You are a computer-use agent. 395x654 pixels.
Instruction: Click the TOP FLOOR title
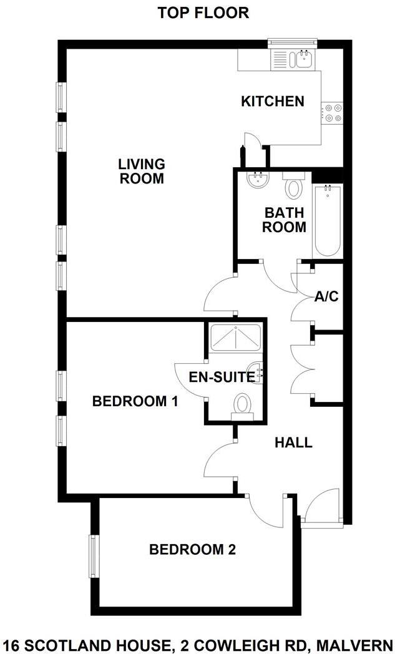pyautogui.click(x=203, y=13)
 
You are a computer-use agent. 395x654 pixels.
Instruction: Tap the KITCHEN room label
pyautogui.click(x=273, y=101)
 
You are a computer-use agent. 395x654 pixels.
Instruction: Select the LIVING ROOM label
pyautogui.click(x=142, y=171)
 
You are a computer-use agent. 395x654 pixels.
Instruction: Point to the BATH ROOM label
pyautogui.click(x=284, y=219)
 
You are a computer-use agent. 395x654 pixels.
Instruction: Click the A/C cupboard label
pyautogui.click(x=326, y=296)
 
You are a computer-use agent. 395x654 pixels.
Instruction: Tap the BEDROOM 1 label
pyautogui.click(x=135, y=401)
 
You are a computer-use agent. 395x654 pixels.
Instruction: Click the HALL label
pyautogui.click(x=293, y=443)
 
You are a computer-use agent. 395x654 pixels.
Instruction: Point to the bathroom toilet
pyautogui.click(x=292, y=186)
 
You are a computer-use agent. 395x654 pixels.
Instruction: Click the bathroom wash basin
pyautogui.click(x=257, y=181)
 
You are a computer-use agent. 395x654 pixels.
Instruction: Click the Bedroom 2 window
pyautogui.click(x=94, y=557)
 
